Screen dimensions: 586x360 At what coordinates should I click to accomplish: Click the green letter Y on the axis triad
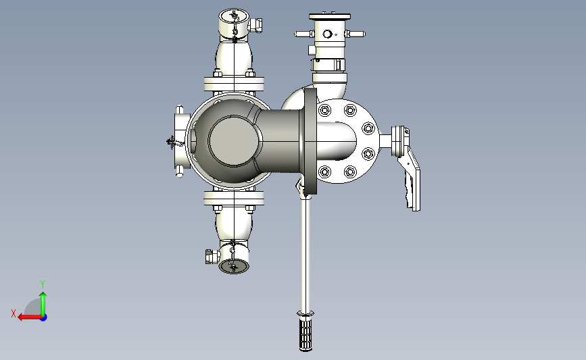(x=43, y=284)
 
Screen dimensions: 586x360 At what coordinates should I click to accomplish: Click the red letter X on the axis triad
(x=14, y=313)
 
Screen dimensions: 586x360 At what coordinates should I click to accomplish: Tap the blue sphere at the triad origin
(x=44, y=318)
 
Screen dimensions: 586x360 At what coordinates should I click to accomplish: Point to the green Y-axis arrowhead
(x=43, y=296)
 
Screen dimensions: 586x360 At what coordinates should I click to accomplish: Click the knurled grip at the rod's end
(x=306, y=334)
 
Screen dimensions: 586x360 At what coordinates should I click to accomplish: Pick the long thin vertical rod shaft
(x=306, y=254)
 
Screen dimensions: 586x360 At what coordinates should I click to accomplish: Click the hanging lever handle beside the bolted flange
(x=410, y=178)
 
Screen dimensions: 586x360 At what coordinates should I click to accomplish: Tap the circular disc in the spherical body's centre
(x=234, y=140)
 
